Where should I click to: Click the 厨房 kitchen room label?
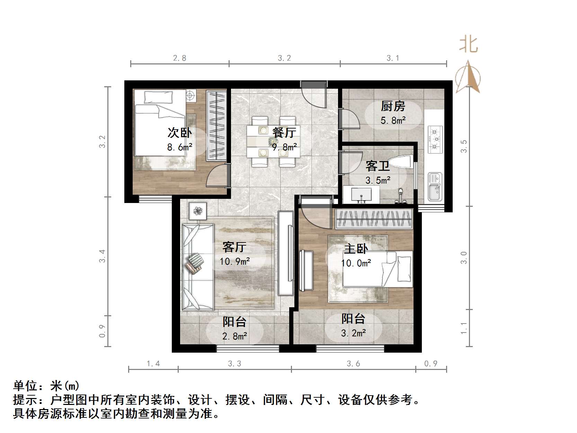pyautogui.click(x=393, y=106)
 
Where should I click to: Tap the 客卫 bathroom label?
pyautogui.click(x=378, y=166)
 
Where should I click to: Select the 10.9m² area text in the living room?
pyautogui.click(x=235, y=261)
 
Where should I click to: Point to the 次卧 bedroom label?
pyautogui.click(x=179, y=133)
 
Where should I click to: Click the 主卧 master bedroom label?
pyautogui.click(x=356, y=249)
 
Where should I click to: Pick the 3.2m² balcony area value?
pyautogui.click(x=353, y=333)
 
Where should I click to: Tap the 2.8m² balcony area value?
pyautogui.click(x=234, y=336)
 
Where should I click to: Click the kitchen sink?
pyautogui.click(x=435, y=187)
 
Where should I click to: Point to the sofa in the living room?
pyautogui.click(x=198, y=267)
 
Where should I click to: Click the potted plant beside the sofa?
pyautogui.click(x=198, y=211)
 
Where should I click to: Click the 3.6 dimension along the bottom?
pyautogui.click(x=353, y=363)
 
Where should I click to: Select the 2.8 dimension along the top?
pyautogui.click(x=179, y=58)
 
